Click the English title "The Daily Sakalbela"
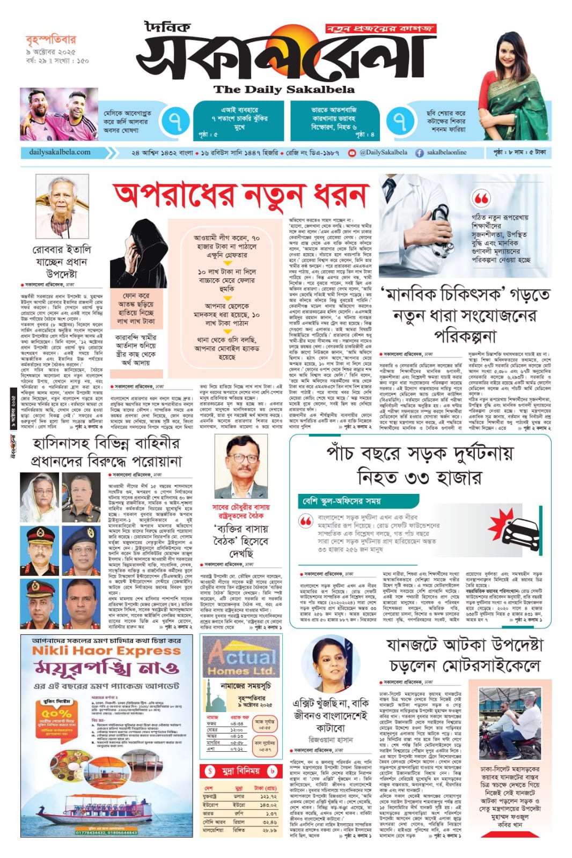284,90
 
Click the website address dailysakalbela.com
60,152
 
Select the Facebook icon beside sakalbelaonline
420,153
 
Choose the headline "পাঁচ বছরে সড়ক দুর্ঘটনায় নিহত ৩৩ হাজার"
420,465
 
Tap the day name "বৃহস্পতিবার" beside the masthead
51,39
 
